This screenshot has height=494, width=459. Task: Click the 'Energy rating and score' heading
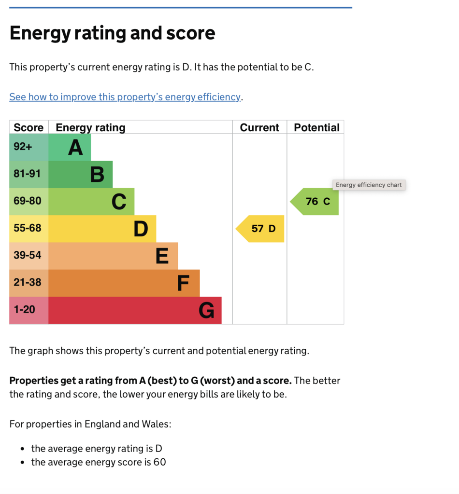coord(112,33)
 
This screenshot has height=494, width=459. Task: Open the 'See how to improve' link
coord(125,97)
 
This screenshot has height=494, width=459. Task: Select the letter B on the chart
coord(97,175)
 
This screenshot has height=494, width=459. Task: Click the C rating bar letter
coord(119,202)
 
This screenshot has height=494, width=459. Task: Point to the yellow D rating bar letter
coord(141,229)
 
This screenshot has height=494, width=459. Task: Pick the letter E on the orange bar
coord(162,256)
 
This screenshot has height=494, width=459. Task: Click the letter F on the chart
coord(183,283)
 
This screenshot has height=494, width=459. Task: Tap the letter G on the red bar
coord(206,310)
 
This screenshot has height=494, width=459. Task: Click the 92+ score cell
coord(23,147)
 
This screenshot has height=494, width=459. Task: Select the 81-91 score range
coord(28,174)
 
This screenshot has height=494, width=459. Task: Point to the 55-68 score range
coord(28,228)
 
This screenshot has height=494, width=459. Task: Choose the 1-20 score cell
coord(24,309)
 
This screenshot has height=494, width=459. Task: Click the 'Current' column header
coord(259,127)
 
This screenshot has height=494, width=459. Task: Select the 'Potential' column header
coord(316,127)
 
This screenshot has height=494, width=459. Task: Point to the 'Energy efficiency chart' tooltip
coord(369,185)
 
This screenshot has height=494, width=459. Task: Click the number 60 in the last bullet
coord(159,462)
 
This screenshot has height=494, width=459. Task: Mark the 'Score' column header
coord(29,127)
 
